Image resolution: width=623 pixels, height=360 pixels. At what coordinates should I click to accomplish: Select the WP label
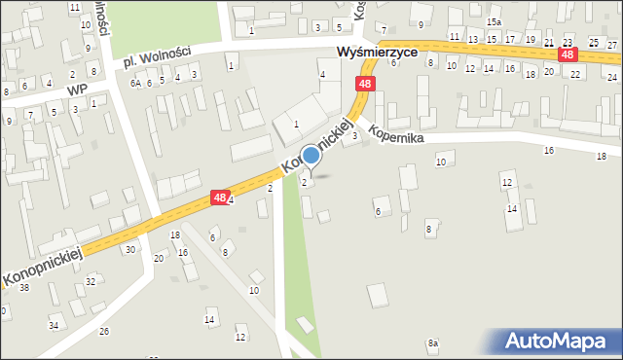[77, 90]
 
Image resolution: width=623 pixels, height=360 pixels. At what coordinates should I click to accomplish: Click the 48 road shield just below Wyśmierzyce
[364, 85]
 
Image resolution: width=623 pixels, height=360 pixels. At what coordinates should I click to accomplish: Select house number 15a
[494, 21]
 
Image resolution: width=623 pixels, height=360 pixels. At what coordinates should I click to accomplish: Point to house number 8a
[432, 343]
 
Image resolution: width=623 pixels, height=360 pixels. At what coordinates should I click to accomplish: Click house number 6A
[136, 84]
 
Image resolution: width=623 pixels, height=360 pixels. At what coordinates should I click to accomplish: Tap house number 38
[24, 288]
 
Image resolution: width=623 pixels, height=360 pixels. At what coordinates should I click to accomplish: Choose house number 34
[54, 325]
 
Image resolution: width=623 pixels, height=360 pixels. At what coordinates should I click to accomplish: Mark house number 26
[104, 332]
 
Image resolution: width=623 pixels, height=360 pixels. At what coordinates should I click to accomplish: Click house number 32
[90, 281]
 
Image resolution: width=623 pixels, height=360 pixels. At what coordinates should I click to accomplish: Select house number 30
[130, 250]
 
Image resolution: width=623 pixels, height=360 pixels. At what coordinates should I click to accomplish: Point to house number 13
[473, 39]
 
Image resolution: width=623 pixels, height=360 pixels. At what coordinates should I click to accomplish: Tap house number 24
[612, 76]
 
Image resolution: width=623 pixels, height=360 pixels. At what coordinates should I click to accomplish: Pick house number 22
[575, 74]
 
